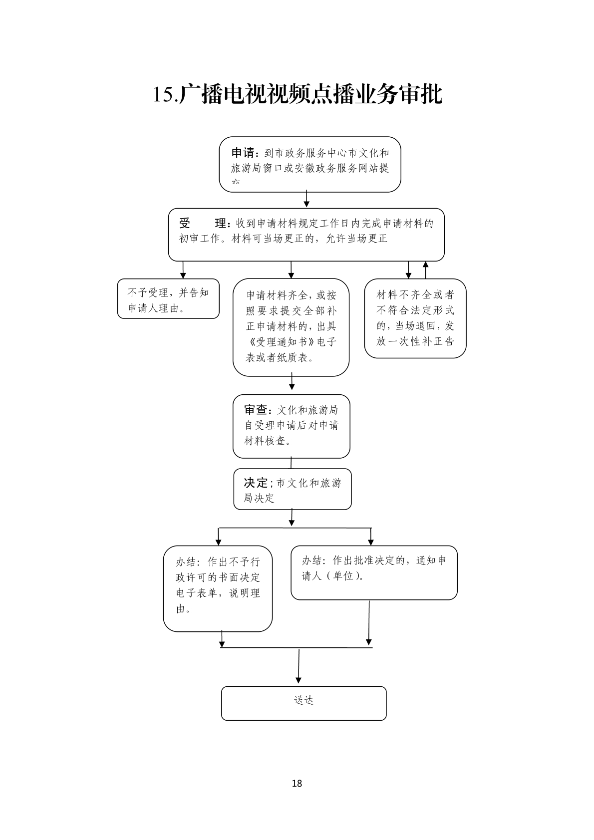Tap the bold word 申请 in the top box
click(243, 153)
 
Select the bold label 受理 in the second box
click(203, 223)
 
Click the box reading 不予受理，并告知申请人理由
click(168, 298)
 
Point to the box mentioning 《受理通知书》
click(291, 327)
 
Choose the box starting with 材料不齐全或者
click(415, 318)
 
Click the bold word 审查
click(257, 410)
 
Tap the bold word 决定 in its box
click(256, 483)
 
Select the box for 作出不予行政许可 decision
click(218, 588)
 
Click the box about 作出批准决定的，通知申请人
click(374, 572)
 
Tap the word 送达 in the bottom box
click(303, 700)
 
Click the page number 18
click(297, 783)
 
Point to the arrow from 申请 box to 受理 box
click(306, 199)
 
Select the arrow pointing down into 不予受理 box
click(183, 270)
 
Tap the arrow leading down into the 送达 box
click(298, 666)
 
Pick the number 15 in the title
click(164, 95)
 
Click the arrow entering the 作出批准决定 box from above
click(370, 537)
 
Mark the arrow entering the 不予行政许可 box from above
click(218, 537)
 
